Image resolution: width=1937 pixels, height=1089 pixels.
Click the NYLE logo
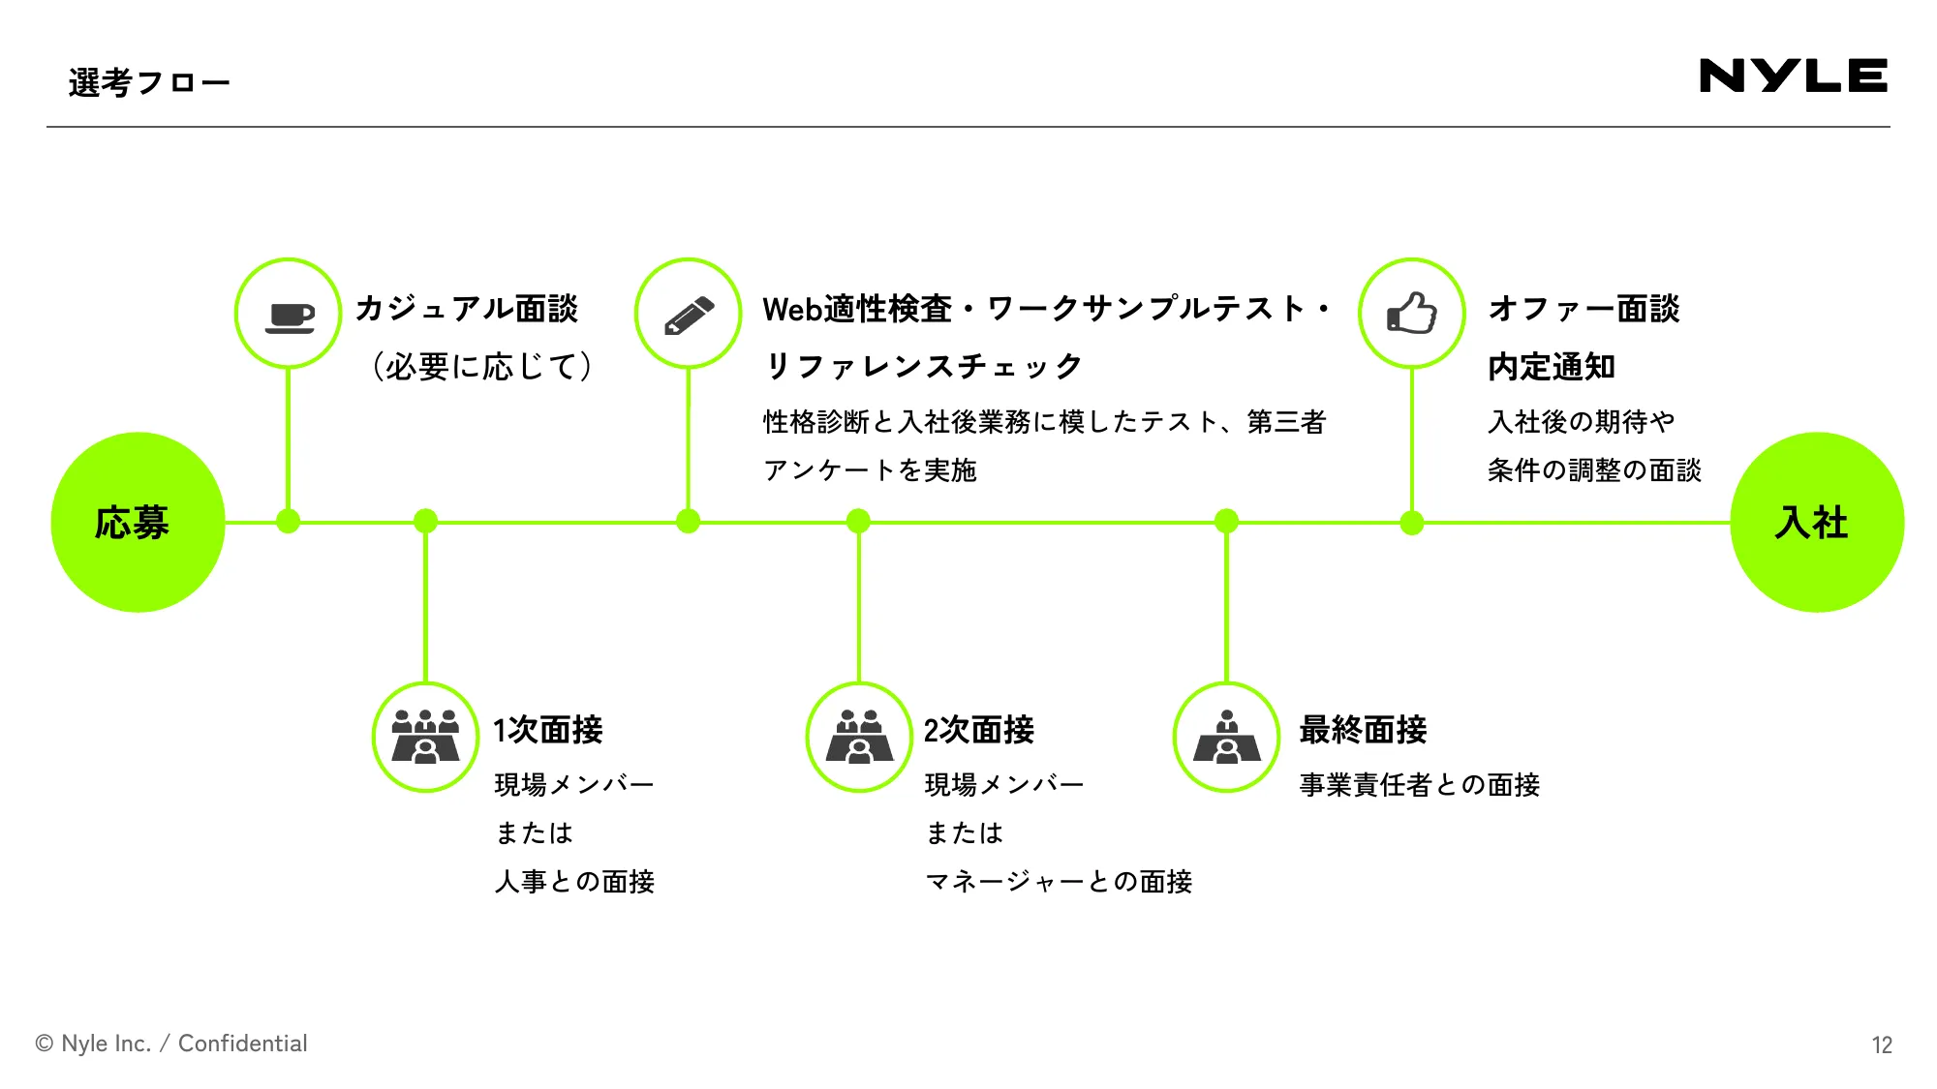point(1793,76)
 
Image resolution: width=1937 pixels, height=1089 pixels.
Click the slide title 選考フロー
point(149,83)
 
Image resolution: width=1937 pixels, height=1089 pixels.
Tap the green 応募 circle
point(138,523)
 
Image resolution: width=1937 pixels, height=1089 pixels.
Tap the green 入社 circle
point(1816,523)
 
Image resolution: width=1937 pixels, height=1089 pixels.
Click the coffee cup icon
point(289,314)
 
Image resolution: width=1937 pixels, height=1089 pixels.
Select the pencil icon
point(689,314)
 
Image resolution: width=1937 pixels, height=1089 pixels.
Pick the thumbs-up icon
point(1412,314)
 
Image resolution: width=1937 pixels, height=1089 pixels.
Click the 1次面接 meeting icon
point(425,738)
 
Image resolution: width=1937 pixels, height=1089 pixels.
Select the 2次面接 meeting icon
point(859,738)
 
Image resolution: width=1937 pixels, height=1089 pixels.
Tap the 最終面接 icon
point(1227,738)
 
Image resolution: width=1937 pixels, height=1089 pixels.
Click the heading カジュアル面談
point(466,309)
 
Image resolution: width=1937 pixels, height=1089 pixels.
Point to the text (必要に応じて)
point(481,367)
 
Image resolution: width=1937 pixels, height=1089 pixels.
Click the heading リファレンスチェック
point(923,367)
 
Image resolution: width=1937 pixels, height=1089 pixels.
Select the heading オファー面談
point(1583,309)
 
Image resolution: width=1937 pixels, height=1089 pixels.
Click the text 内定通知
point(1551,367)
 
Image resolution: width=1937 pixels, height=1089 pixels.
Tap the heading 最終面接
point(1363,730)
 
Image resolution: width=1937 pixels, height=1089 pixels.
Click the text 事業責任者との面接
point(1419,785)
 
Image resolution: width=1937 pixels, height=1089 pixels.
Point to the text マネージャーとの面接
point(1059,882)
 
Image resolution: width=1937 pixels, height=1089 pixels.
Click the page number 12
point(1881,1045)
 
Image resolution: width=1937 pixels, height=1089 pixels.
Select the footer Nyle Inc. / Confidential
point(171,1044)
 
